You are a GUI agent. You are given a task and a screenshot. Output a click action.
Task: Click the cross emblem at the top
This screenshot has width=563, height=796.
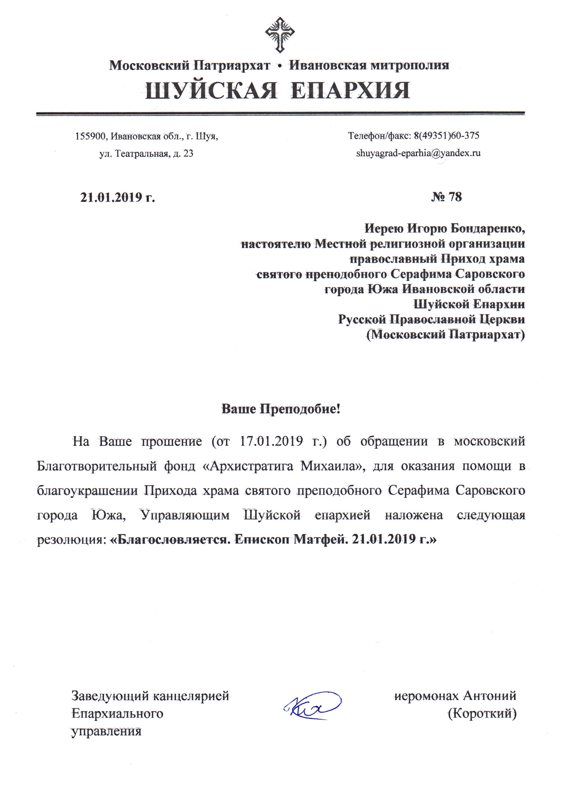click(280, 34)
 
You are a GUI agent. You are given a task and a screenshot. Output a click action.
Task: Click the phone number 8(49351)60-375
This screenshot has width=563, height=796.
click(447, 135)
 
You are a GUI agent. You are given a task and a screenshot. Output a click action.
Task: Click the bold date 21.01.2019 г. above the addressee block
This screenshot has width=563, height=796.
click(117, 197)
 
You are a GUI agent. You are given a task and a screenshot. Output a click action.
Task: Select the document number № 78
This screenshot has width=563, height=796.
click(447, 197)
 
